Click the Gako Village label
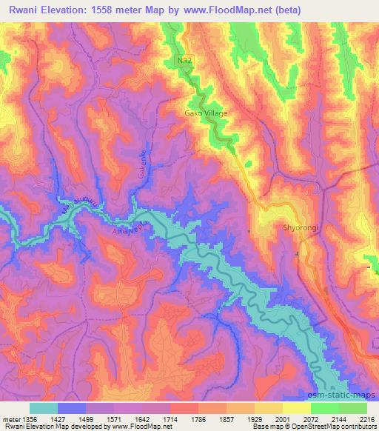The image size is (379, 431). (205, 113)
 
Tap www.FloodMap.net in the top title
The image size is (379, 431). (244, 8)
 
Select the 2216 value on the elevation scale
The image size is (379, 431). (367, 417)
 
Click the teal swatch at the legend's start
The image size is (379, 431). (44, 407)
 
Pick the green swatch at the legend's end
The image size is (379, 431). (353, 407)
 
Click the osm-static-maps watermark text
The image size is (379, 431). (343, 392)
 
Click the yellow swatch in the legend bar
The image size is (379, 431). (296, 407)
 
